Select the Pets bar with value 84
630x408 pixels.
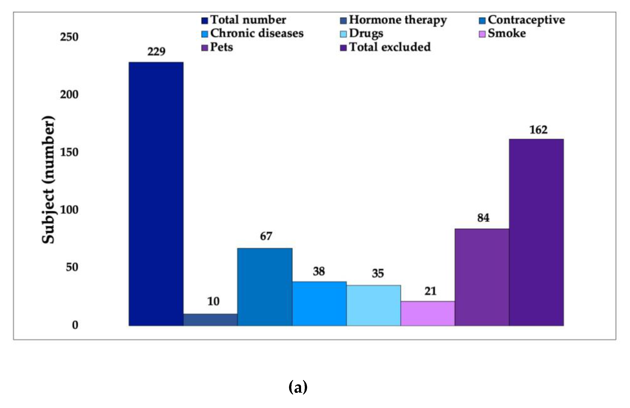tap(482, 277)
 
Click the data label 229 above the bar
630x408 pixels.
tap(156, 51)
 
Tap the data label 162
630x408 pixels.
tap(538, 130)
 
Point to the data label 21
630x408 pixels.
tap(430, 291)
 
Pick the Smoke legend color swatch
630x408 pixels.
tap(482, 34)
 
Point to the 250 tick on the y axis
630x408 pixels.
tap(69, 37)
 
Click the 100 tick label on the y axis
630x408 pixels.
tap(69, 210)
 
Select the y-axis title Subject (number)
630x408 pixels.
tap(48, 180)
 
